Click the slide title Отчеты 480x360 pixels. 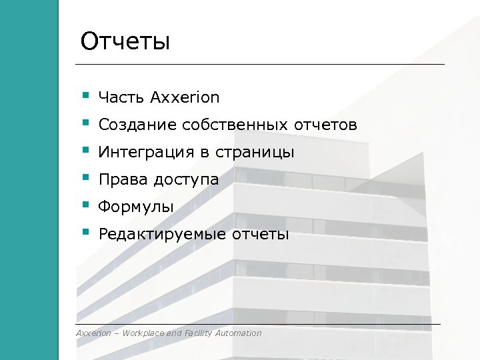[x=125, y=41]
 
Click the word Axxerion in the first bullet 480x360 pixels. [x=185, y=97]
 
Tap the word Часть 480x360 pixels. [x=121, y=97]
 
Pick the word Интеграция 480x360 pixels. [x=147, y=153]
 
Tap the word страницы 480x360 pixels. [x=255, y=153]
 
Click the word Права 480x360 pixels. [x=123, y=180]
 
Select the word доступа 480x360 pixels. [x=186, y=180]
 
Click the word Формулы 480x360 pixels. [x=135, y=207]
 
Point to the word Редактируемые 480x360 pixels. [x=163, y=235]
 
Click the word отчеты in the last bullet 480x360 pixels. [x=261, y=235]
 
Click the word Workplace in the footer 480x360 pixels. [x=141, y=333]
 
